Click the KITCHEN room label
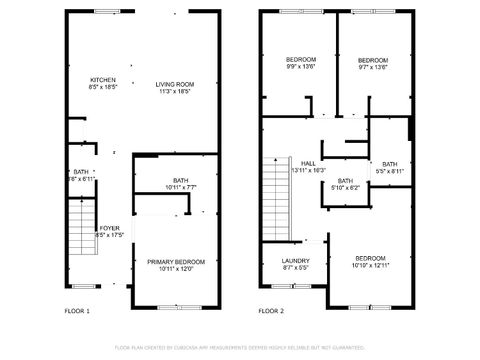coord(103,80)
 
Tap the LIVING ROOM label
coord(174,84)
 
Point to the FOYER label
coord(110,229)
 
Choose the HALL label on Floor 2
coord(308,163)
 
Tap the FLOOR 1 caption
coord(77,312)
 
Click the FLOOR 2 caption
coord(271,312)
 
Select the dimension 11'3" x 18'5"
coord(174,92)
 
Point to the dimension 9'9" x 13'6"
coord(301,66)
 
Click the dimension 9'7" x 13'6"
coord(372,66)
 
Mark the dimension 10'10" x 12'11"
coord(370,266)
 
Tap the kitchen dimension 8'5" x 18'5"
coord(103,88)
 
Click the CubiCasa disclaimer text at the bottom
coord(240,347)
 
